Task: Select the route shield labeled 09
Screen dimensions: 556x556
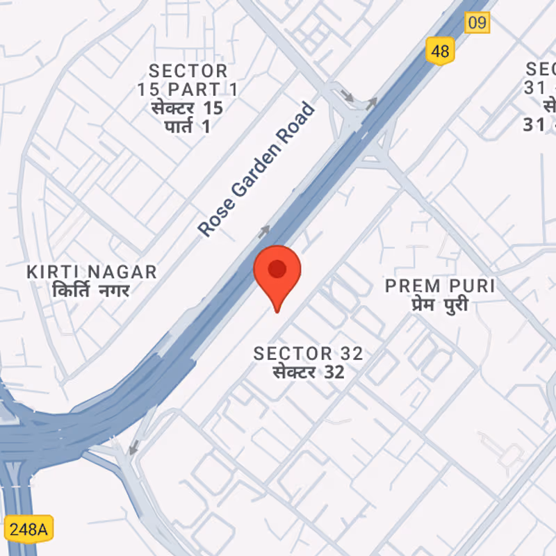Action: [x=477, y=22]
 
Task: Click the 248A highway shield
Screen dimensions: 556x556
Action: [x=28, y=529]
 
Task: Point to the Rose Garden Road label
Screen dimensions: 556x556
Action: [x=256, y=169]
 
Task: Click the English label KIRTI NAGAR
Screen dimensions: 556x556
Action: [x=92, y=272]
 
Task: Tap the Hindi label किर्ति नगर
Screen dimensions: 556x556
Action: [x=90, y=290]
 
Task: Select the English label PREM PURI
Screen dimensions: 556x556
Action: [x=440, y=286]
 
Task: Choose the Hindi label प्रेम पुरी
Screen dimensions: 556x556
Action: [x=438, y=304]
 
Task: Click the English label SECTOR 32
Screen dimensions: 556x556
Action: [x=308, y=353]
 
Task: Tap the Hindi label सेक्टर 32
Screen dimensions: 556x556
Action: [x=308, y=372]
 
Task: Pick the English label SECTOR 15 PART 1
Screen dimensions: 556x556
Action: [x=188, y=80]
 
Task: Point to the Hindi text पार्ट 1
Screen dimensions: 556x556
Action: [x=188, y=126]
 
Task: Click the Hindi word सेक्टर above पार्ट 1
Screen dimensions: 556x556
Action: [x=177, y=108]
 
